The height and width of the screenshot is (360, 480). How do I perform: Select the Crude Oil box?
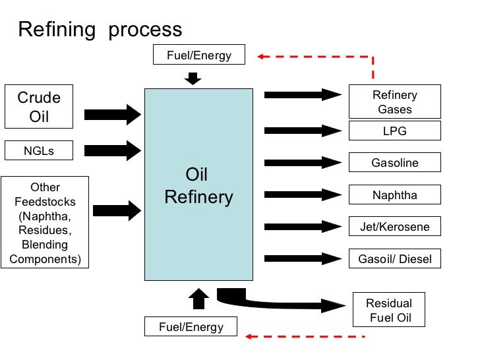tap(39, 107)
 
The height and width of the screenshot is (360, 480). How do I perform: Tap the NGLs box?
tap(39, 150)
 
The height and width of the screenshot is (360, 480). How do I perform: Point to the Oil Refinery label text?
tap(198, 187)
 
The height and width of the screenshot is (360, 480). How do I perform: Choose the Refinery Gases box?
tap(394, 102)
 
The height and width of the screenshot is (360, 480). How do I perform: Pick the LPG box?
tap(394, 131)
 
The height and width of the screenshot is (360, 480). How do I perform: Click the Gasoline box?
tap(394, 162)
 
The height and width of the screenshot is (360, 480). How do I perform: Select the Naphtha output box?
tap(394, 195)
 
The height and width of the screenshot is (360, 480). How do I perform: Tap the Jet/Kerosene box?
tap(394, 226)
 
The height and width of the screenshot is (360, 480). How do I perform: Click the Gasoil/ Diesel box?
tap(394, 258)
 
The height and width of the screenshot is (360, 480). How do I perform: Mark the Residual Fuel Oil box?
tap(389, 310)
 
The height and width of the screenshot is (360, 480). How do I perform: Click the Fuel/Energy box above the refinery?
tap(198, 55)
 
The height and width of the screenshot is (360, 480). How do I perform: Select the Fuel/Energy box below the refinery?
tap(191, 326)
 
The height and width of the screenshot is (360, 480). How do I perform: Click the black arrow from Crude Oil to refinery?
tap(113, 115)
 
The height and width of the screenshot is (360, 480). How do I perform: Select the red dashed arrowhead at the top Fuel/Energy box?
tap(262, 56)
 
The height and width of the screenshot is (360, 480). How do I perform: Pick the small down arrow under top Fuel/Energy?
tap(193, 79)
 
